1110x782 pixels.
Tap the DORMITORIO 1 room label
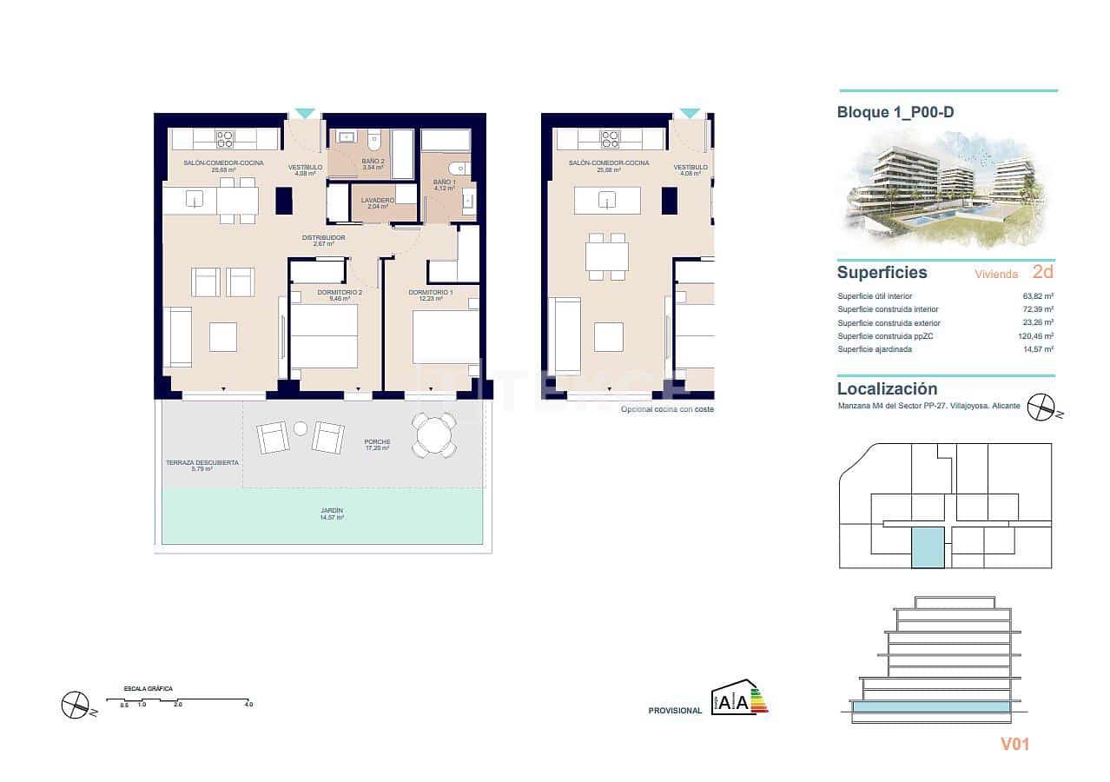431,293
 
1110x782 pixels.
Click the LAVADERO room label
378,201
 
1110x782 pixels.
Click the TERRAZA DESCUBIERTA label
202,463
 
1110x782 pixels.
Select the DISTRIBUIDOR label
323,238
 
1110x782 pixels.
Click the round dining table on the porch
433,434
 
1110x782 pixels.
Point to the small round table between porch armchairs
301,428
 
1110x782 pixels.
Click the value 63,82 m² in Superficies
1038,296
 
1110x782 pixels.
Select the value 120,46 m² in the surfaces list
1037,336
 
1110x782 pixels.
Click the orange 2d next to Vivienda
1043,272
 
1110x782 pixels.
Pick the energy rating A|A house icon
738,698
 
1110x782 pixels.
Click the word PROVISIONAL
675,711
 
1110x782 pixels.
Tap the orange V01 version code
1014,744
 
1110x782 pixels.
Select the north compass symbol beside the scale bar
76,705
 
